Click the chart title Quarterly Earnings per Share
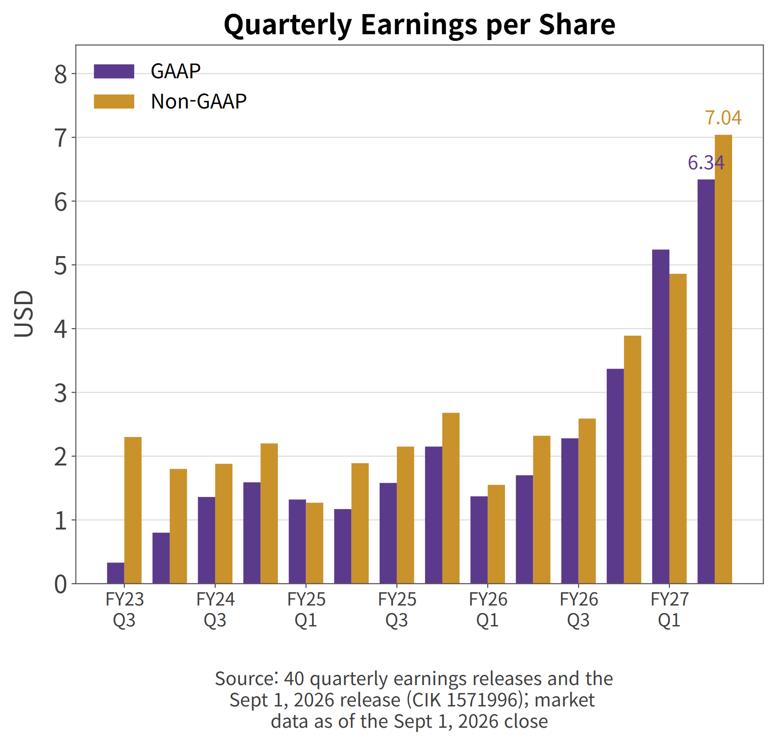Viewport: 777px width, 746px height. [420, 25]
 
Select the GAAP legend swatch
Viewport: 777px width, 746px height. [114, 71]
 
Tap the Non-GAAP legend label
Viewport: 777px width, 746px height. [198, 101]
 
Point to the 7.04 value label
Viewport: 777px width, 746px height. [723, 118]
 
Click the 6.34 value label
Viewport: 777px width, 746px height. [706, 163]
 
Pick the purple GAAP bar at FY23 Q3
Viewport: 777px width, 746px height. [116, 573]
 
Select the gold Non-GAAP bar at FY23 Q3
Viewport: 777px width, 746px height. [133, 510]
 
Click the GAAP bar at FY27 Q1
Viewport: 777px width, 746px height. [661, 417]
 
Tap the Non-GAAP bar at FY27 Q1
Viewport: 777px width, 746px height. [678, 429]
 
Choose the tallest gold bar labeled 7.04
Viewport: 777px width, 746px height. [723, 359]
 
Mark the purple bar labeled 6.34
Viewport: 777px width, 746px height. [706, 381]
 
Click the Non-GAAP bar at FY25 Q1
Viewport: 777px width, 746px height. [315, 543]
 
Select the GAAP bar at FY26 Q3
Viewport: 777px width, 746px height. [570, 511]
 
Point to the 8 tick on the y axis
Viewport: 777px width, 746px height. [60, 75]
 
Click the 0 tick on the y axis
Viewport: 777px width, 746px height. [60, 584]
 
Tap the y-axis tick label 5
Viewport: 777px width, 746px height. [60, 266]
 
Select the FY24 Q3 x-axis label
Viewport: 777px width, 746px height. [215, 610]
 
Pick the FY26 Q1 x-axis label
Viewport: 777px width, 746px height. [488, 610]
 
